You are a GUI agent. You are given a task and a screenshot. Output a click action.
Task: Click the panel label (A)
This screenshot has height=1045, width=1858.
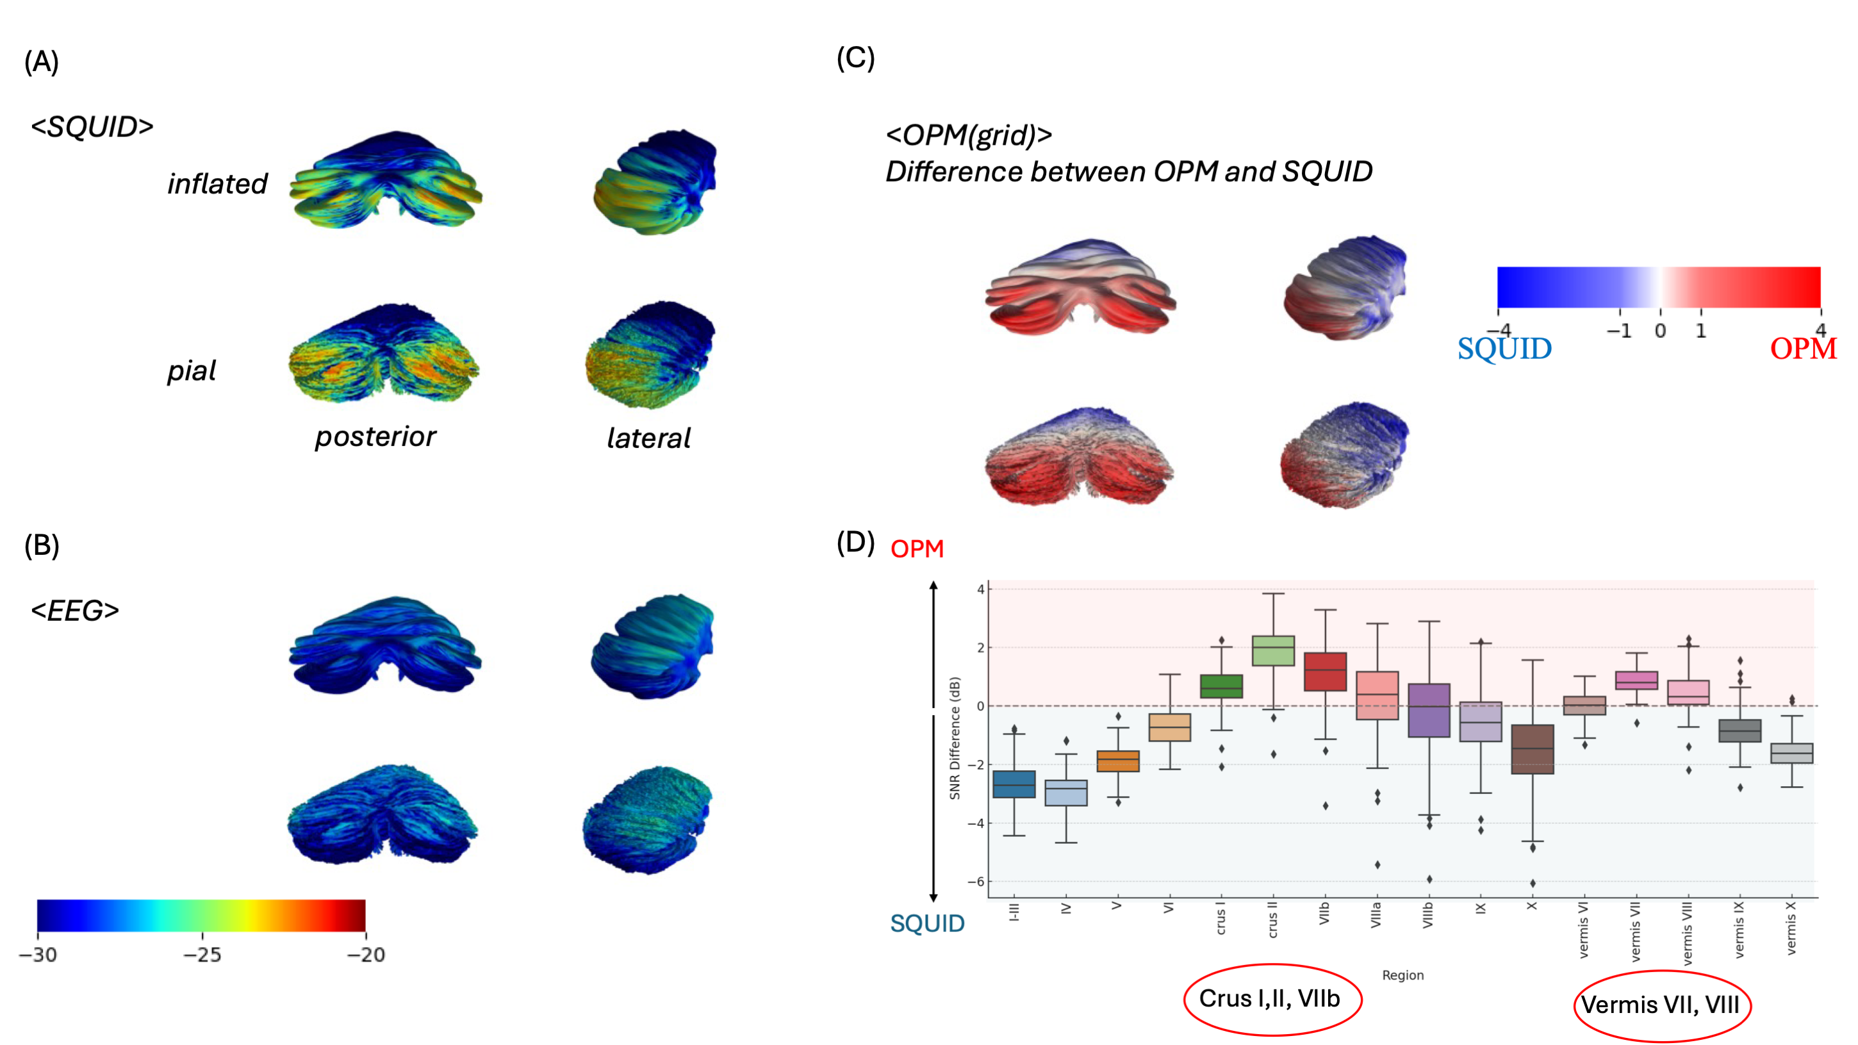[x=41, y=62]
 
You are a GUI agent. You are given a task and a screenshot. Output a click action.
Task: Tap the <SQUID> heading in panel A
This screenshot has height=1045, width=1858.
[x=92, y=127]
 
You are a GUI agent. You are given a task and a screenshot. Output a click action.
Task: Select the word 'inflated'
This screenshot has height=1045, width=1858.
[x=217, y=184]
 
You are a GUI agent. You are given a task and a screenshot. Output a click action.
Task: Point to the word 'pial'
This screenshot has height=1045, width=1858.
[x=191, y=371]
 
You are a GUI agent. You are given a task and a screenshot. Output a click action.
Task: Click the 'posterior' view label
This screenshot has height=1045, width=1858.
[x=375, y=436]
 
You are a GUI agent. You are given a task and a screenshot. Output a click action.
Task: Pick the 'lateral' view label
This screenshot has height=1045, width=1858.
[x=648, y=438]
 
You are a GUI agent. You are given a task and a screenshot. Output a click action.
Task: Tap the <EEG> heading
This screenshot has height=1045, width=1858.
[x=74, y=611]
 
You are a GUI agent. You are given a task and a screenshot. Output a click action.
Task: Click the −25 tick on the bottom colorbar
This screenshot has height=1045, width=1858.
[x=202, y=954]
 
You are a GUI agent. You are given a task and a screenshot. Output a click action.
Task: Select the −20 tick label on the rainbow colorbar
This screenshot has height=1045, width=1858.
[x=366, y=954]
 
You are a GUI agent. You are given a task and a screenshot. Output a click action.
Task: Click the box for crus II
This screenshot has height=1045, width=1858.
[x=1273, y=650]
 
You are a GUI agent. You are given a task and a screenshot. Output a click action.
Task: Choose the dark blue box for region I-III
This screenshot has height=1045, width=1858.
[x=1014, y=784]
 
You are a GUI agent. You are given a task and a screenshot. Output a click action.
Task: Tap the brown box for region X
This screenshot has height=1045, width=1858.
[x=1532, y=750]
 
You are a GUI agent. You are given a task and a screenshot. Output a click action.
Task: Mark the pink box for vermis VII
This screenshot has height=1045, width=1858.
[x=1636, y=680]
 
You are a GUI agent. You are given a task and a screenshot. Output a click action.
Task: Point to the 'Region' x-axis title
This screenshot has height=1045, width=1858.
[x=1402, y=975]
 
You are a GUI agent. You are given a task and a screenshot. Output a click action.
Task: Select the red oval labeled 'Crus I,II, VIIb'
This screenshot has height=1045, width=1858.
[x=1272, y=1000]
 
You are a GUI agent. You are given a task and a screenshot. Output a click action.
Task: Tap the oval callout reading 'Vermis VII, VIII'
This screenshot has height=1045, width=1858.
[x=1662, y=1005]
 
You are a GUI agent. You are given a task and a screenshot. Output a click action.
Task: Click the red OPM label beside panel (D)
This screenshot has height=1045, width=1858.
[x=917, y=550]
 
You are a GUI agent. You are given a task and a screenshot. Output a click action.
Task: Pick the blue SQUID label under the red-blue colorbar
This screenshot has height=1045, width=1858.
[x=1504, y=349]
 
